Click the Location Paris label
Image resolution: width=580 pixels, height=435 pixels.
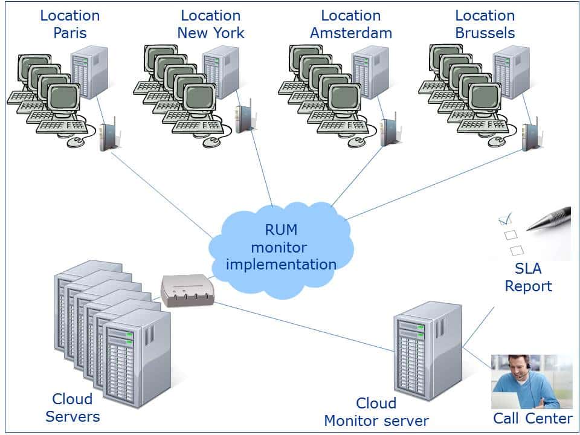click(70, 24)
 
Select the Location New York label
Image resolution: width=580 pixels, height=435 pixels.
click(210, 24)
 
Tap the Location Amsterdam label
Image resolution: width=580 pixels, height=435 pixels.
click(350, 24)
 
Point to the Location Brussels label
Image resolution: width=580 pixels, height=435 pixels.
click(485, 24)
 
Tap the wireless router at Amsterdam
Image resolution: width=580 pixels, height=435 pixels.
click(388, 130)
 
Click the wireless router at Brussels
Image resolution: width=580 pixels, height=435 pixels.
click(530, 135)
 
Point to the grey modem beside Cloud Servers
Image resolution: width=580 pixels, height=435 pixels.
click(187, 291)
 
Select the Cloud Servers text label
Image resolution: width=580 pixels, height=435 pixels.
click(72, 408)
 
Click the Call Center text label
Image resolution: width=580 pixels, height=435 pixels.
click(532, 419)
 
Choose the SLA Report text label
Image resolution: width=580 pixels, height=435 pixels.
click(529, 278)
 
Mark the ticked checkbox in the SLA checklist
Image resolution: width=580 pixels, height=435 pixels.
click(505, 219)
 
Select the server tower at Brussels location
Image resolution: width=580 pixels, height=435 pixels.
click(511, 72)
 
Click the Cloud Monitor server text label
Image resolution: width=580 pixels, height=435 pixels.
click(376, 412)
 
